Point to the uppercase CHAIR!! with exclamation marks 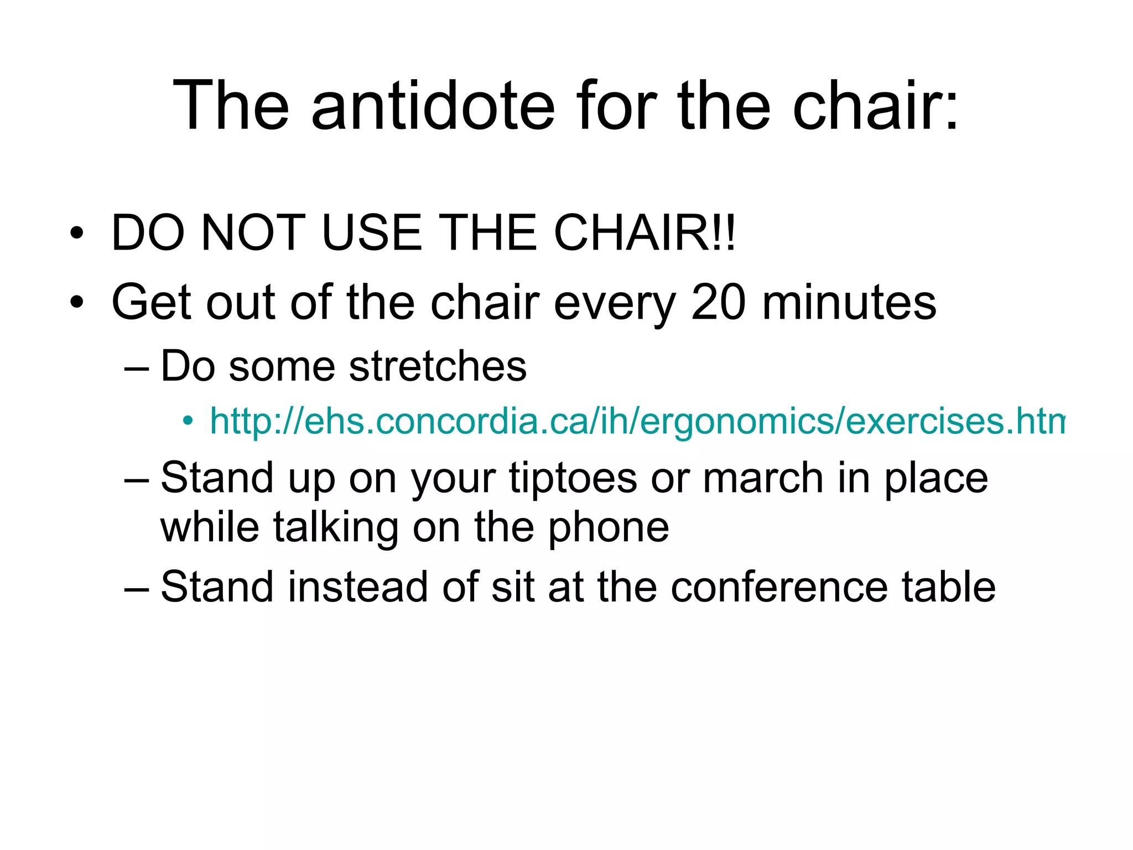(645, 233)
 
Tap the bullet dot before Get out (77, 303)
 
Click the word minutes (849, 303)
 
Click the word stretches (438, 366)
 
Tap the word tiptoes (573, 478)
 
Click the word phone (609, 527)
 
